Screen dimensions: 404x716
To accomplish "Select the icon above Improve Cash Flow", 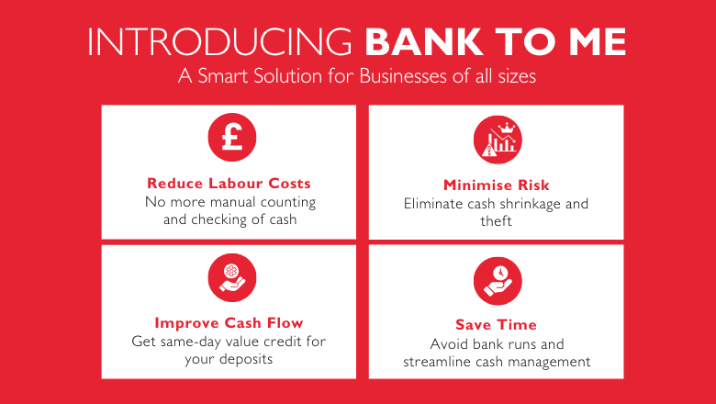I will tap(229, 278).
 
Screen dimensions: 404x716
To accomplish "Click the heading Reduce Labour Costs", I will tap(229, 183).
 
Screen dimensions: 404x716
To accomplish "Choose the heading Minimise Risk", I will tap(497, 185).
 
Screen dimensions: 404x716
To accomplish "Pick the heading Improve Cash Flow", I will tap(229, 322).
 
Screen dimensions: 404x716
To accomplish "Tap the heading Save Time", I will tap(497, 324).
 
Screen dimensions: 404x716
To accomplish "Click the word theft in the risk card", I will tap(497, 221).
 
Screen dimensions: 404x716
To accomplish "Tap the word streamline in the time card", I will tap(439, 362).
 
